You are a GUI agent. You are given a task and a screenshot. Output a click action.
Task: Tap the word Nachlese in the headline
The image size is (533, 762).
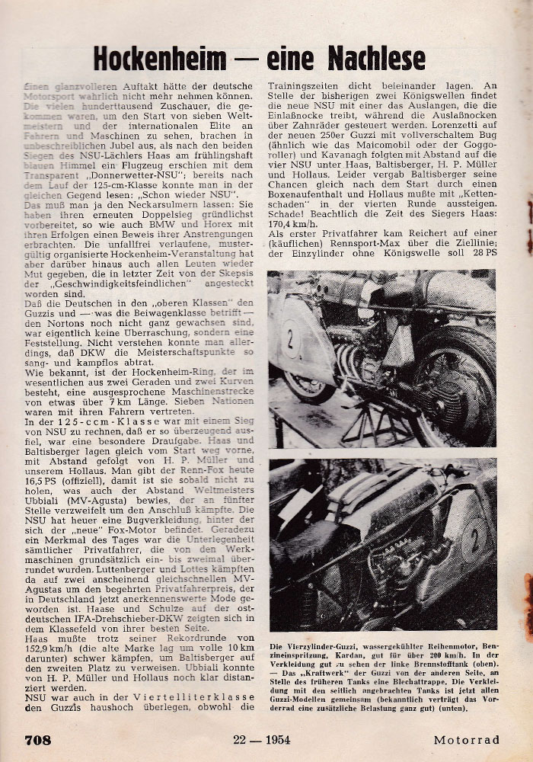coord(375,58)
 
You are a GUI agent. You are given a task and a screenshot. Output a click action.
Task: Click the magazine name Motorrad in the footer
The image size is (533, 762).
coord(466,739)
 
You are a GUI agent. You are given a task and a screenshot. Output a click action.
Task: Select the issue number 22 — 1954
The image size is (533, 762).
coord(254,739)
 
